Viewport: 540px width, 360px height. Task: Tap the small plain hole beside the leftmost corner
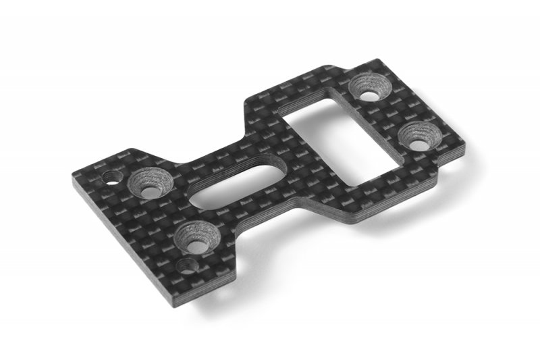[110, 179]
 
